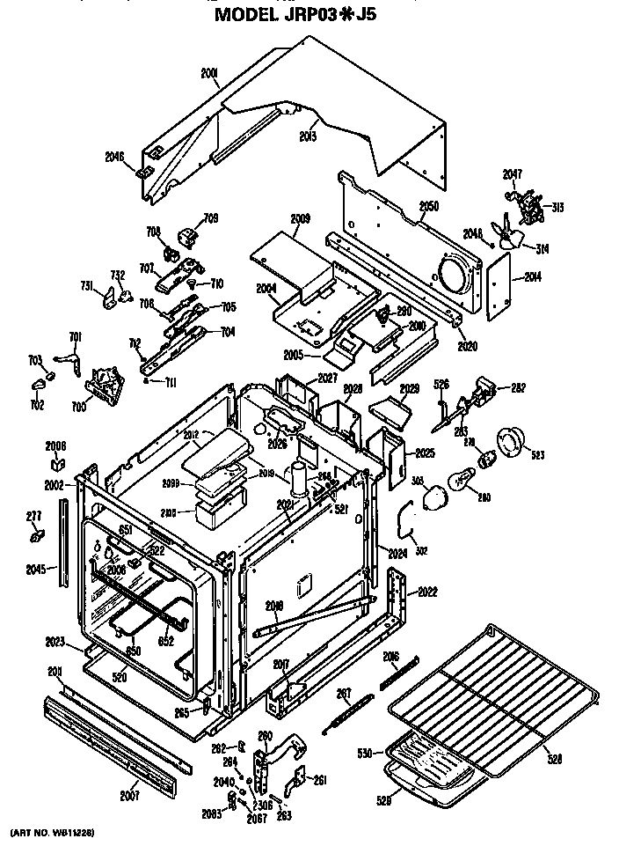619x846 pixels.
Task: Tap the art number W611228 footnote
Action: [52, 832]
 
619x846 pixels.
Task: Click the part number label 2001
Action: [210, 75]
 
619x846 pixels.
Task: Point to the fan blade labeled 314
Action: [509, 235]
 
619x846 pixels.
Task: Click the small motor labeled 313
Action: [529, 208]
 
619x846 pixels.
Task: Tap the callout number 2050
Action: [428, 206]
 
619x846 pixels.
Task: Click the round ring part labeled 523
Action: [511, 442]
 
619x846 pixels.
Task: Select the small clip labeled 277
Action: [36, 535]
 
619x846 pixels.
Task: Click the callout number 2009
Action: [300, 217]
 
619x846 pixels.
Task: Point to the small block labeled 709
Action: [187, 236]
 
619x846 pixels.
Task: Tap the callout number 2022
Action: [428, 591]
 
